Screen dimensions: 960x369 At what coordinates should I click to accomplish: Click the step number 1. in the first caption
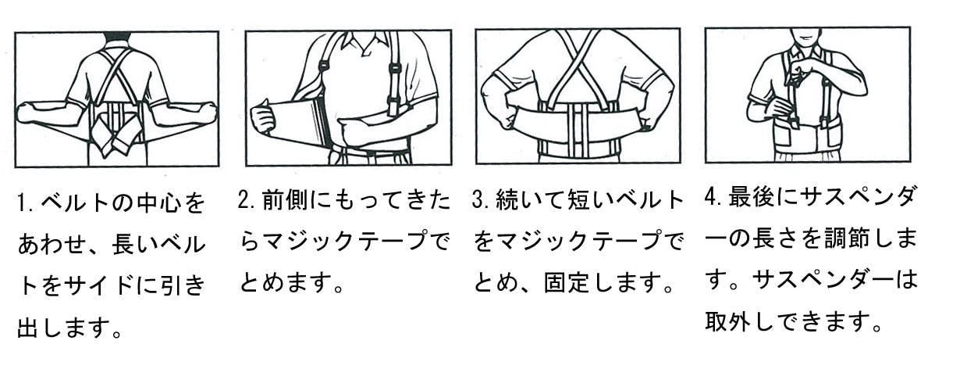pyautogui.click(x=26, y=202)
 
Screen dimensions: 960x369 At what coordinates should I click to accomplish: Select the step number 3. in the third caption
pyautogui.click(x=482, y=200)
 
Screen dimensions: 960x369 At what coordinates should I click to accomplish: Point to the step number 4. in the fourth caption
pyautogui.click(x=714, y=196)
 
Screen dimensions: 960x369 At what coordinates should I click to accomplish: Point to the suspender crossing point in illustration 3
pyautogui.click(x=578, y=56)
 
